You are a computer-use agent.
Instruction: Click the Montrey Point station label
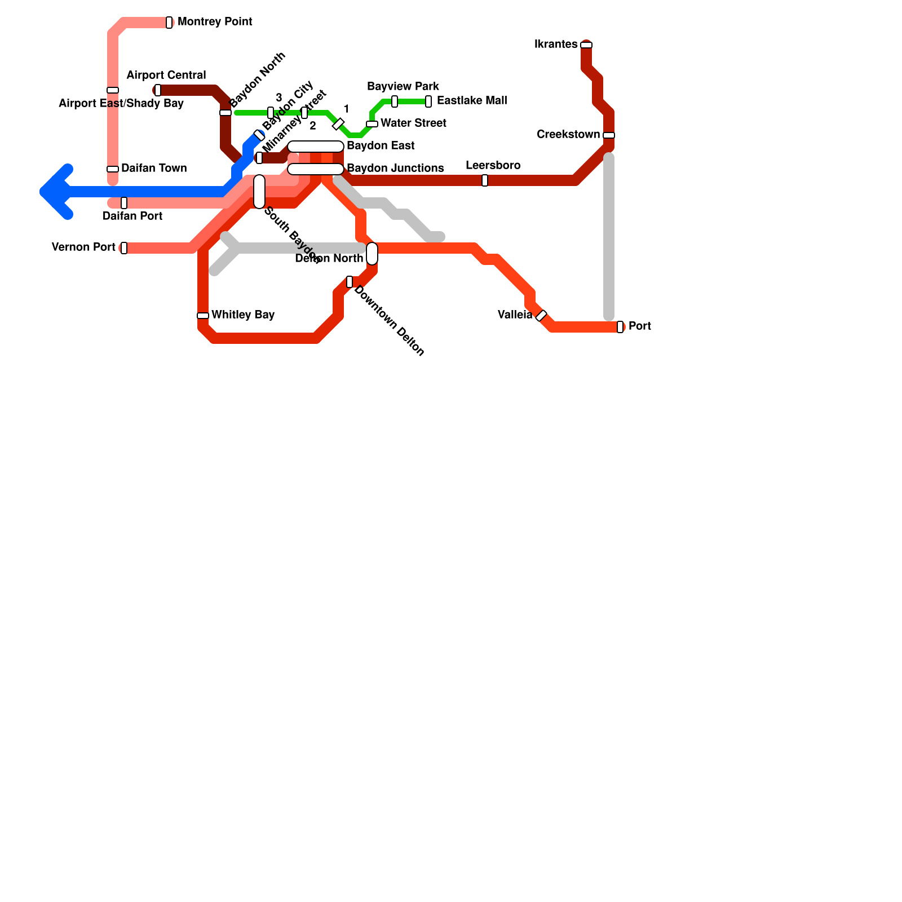click(x=215, y=22)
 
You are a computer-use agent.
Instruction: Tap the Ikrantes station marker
click(x=586, y=45)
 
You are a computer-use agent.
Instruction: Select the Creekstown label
click(x=568, y=135)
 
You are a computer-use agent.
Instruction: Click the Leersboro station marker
click(x=485, y=180)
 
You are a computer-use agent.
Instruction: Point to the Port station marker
click(x=620, y=327)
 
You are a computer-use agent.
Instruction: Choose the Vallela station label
click(x=515, y=315)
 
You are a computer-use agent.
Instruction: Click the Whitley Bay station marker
click(x=203, y=316)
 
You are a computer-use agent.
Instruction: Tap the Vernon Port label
click(x=83, y=247)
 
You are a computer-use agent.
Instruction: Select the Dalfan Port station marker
click(x=124, y=203)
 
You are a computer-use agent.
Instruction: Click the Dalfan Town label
click(x=154, y=169)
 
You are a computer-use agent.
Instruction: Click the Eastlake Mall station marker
click(x=428, y=101)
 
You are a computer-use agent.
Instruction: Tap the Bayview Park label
click(x=403, y=87)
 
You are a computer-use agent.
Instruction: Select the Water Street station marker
click(x=372, y=124)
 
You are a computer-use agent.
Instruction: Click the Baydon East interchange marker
click(x=316, y=147)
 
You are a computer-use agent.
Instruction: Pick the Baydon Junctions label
click(x=395, y=169)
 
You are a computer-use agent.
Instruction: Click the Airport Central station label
click(x=166, y=76)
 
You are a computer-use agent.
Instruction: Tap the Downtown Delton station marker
click(x=350, y=282)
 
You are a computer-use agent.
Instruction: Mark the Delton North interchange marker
click(x=372, y=254)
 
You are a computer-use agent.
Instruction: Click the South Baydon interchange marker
click(x=259, y=192)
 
